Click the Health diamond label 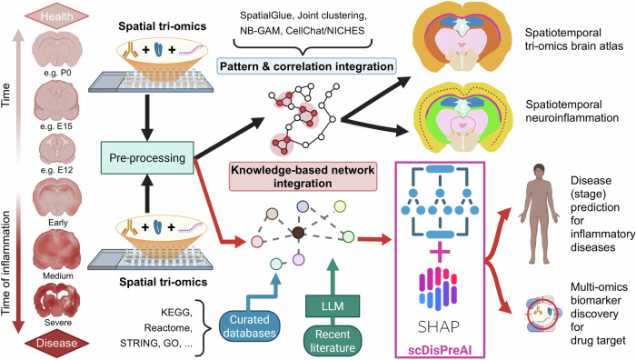pos(56,16)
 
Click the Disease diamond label pos(56,344)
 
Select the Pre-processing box pos(147,158)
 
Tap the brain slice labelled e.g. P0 pos(57,50)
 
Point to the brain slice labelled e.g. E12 pos(57,148)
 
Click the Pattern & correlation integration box pos(307,66)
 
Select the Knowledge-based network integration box pos(303,176)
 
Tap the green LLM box pos(333,306)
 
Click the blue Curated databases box pos(250,326)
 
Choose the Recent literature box pos(333,341)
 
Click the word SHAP pos(439,326)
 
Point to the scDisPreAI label pos(440,350)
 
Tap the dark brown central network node pos(299,233)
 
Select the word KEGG pos(175,313)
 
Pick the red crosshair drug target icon pos(543,315)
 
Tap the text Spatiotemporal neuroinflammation pos(571,111)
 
